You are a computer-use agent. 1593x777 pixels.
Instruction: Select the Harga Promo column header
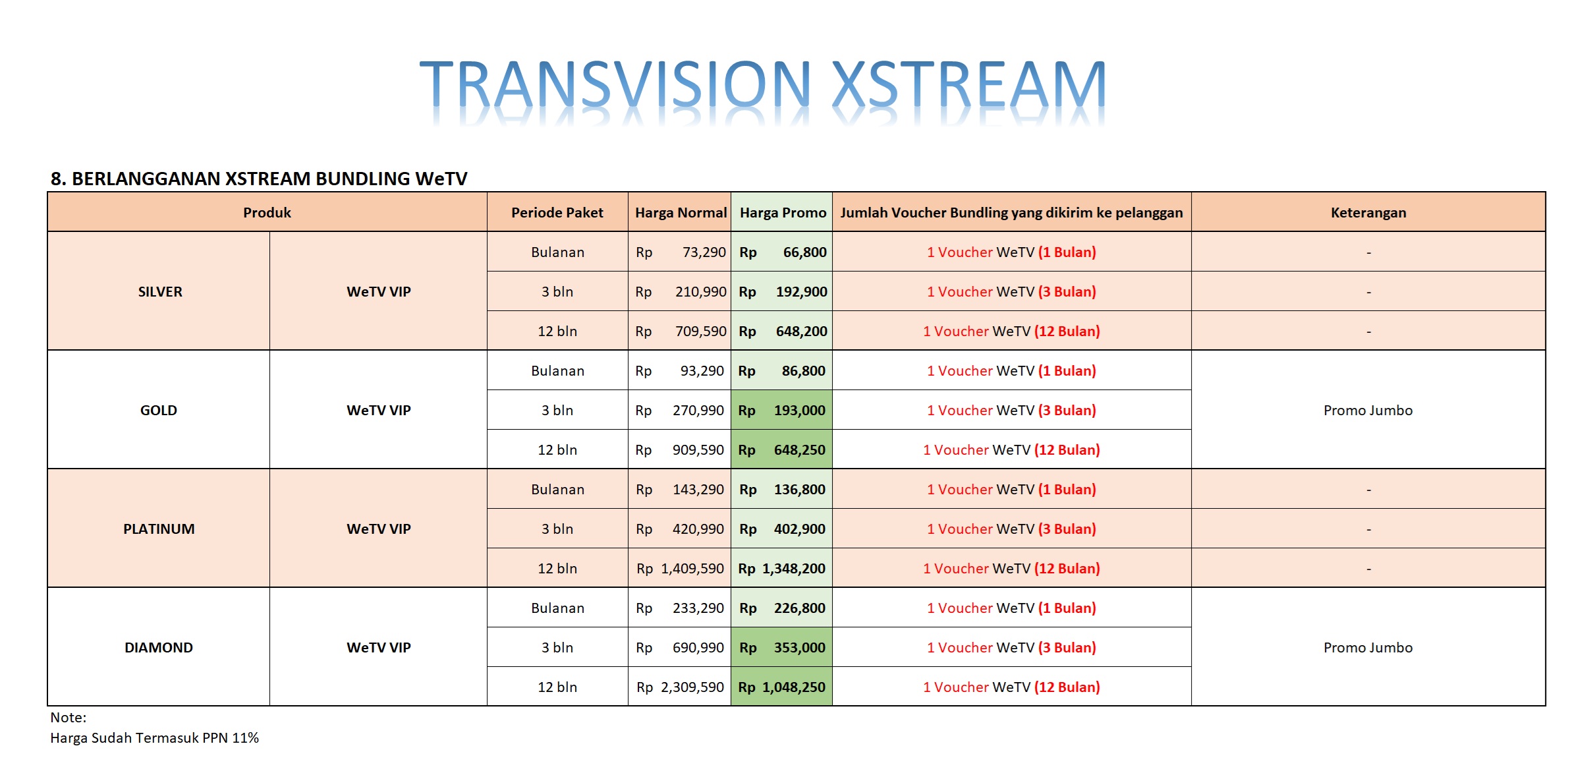click(783, 213)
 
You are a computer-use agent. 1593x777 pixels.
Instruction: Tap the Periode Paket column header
click(557, 213)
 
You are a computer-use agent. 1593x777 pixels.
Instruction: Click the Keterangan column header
click(1368, 213)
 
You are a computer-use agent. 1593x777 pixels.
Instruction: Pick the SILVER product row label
click(160, 292)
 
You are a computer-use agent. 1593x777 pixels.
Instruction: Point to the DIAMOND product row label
click(159, 648)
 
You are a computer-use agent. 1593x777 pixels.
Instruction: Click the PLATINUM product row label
click(159, 529)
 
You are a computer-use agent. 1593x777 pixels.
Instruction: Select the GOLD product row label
click(159, 411)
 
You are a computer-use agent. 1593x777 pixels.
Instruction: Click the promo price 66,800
click(804, 252)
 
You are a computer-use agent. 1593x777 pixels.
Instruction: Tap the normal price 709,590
click(700, 331)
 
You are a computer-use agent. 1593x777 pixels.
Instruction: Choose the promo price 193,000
click(799, 411)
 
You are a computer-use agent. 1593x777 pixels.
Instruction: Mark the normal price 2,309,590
click(692, 687)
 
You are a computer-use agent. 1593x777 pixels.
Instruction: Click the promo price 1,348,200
click(793, 569)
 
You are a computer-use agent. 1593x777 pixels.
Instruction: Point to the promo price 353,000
click(799, 648)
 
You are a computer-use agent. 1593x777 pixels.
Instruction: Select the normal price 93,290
click(702, 371)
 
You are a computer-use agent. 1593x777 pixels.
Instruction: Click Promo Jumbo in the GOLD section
click(1368, 411)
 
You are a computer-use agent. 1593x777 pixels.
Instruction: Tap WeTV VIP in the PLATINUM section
click(379, 529)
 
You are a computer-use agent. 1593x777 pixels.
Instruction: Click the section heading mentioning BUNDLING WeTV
click(259, 179)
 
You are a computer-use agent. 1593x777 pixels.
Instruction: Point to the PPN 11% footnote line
click(154, 738)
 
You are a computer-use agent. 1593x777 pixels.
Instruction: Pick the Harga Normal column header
click(681, 213)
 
